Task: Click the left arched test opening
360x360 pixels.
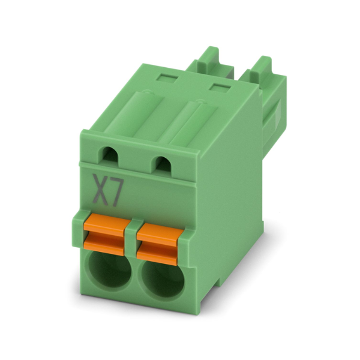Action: click(x=110, y=155)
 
